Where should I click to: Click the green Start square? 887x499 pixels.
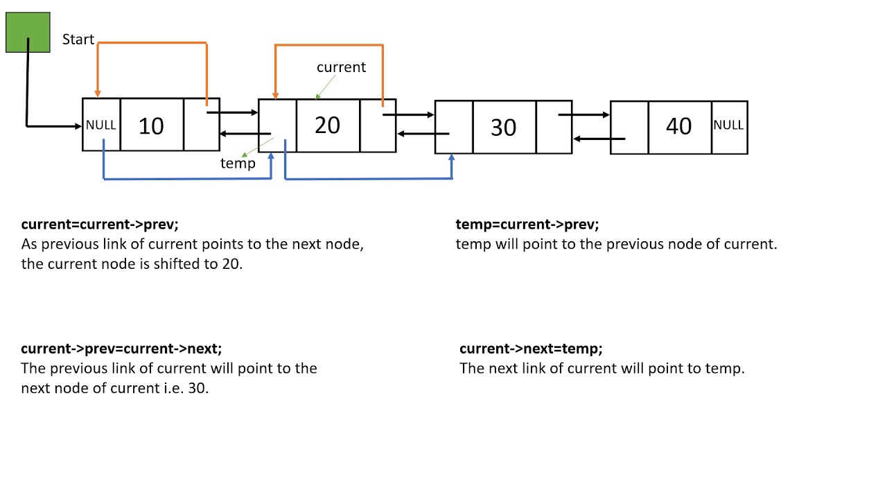tap(28, 33)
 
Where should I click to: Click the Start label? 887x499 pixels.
tap(78, 40)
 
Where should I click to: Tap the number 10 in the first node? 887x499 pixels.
tap(151, 125)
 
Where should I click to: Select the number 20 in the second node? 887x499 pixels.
tap(327, 125)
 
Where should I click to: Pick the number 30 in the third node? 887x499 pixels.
tap(503, 128)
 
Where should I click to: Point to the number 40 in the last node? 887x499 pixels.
tap(678, 126)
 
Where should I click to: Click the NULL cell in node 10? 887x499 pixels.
tap(101, 125)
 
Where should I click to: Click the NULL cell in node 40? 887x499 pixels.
tap(728, 125)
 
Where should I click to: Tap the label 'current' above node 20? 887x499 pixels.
tap(341, 67)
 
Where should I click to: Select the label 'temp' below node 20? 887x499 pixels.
tap(238, 164)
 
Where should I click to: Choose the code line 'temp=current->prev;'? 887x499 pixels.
tap(527, 225)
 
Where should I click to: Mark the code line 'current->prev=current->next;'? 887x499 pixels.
tap(121, 349)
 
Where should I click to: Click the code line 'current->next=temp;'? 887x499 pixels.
tap(531, 349)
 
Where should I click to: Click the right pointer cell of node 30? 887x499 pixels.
tap(554, 127)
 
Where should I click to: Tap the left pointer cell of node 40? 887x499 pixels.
tap(629, 127)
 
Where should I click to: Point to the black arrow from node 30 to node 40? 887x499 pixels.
tap(584, 114)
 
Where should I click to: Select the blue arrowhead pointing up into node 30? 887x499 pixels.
tap(452, 159)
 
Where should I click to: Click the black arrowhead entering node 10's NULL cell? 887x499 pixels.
tap(78, 126)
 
